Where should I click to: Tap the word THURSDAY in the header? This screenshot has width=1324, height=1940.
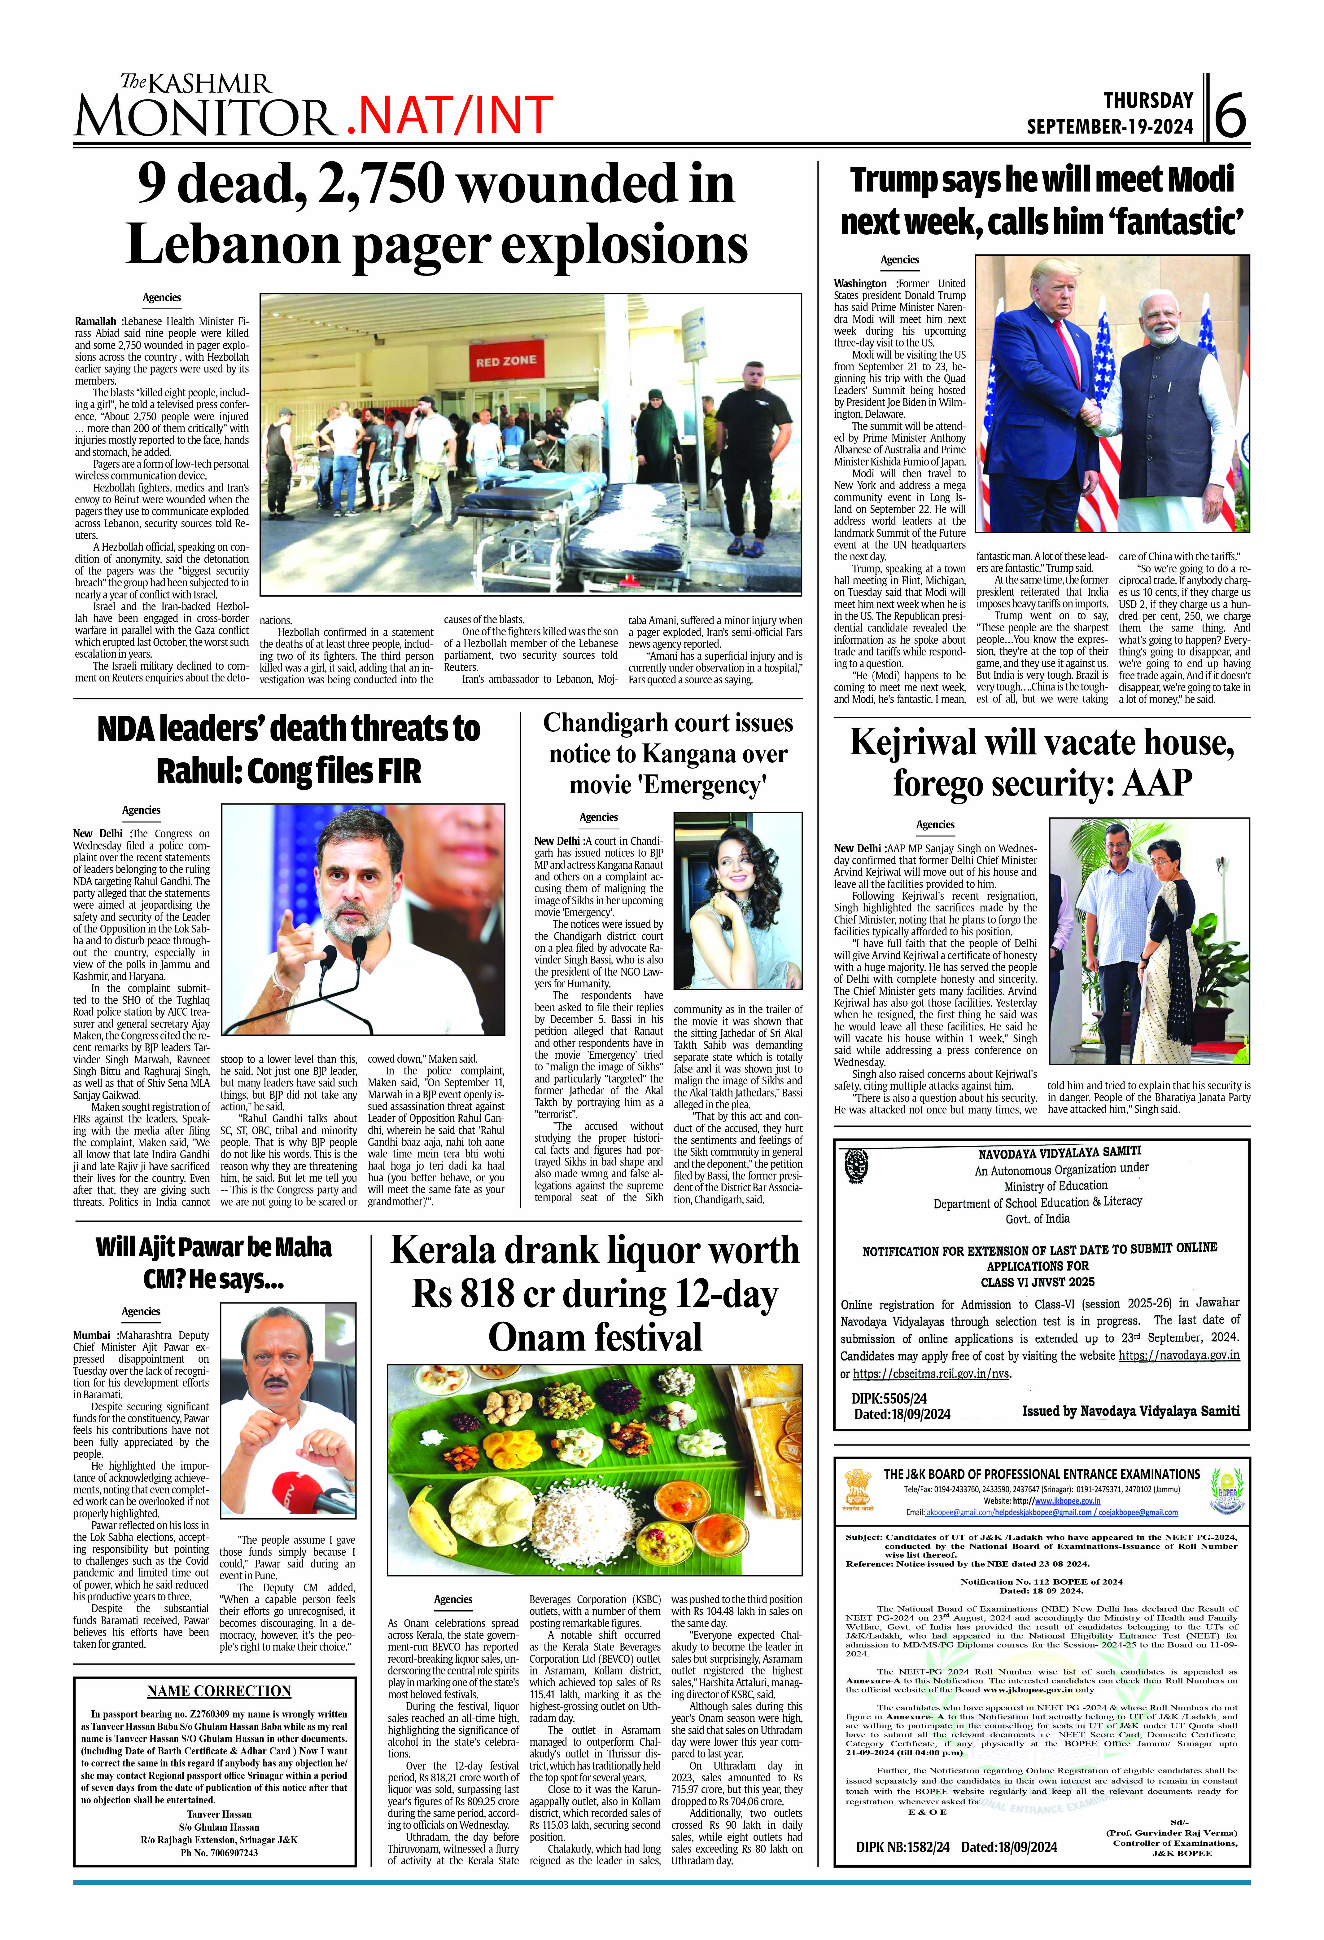[x=1148, y=101]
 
